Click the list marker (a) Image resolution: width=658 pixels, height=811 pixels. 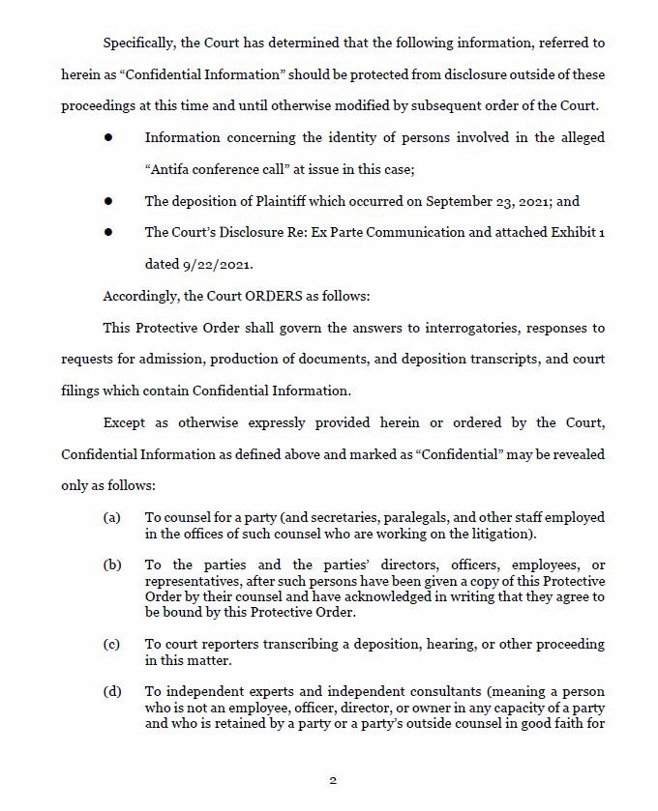(x=112, y=517)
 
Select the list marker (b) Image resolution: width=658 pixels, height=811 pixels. (x=112, y=565)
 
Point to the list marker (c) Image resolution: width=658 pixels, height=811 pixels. (x=112, y=644)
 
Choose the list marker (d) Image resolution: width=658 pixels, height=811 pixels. (x=112, y=691)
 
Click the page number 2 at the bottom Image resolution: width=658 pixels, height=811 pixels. (x=333, y=781)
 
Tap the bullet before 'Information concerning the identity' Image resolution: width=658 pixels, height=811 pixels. (x=109, y=138)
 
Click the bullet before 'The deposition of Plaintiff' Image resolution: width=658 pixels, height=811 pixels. (x=109, y=201)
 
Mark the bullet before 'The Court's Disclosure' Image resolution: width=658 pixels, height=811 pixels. (x=109, y=233)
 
